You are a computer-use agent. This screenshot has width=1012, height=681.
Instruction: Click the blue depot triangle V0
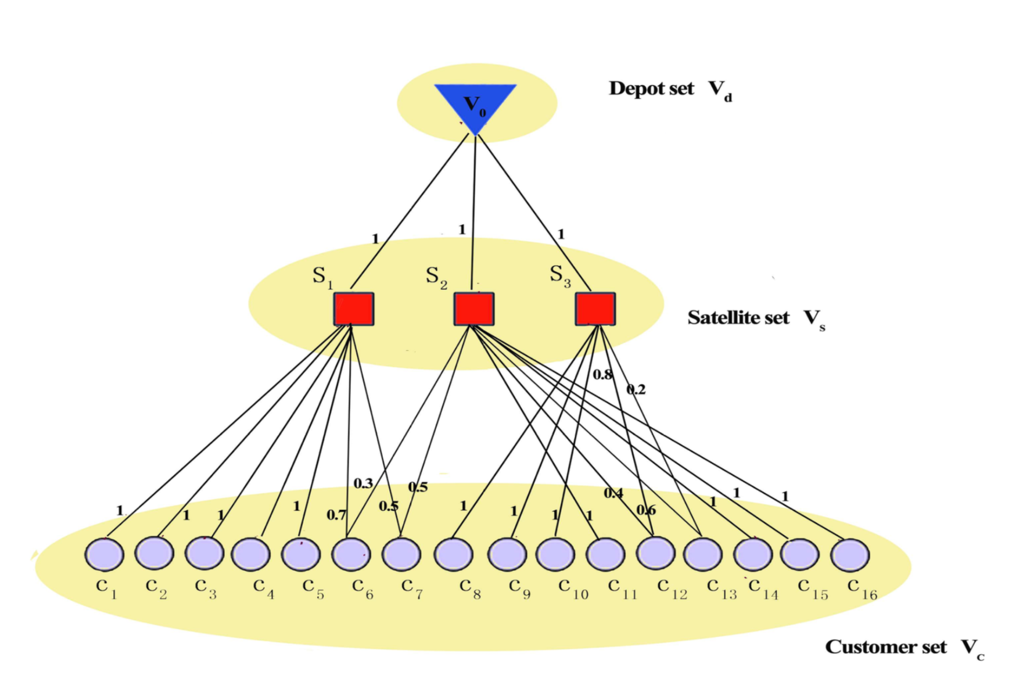475,105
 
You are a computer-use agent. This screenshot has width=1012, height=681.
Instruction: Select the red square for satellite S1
353,309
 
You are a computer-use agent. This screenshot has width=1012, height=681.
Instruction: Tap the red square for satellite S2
474,309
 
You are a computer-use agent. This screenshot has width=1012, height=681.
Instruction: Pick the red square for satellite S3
595,309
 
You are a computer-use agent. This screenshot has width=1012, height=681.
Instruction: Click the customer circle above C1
105,554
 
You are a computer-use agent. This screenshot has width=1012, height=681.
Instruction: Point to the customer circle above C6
351,554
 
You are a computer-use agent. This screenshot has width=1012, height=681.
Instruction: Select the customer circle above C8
453,554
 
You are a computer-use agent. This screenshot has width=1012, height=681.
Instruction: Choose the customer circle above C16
850,555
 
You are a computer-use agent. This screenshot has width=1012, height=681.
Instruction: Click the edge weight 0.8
602,375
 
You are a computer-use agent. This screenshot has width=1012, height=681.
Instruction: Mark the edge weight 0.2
636,389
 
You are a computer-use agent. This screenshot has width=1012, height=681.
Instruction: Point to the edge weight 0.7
336,515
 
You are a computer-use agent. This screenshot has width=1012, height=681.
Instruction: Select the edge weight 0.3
363,483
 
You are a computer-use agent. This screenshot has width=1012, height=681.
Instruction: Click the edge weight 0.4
613,493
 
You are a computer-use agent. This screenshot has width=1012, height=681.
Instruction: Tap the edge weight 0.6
646,510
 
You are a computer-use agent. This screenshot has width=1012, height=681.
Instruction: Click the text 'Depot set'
651,88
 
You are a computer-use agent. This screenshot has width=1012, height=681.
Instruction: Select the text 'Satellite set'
738,318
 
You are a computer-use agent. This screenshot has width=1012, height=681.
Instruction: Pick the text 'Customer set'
886,647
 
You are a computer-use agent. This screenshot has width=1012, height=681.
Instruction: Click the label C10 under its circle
573,588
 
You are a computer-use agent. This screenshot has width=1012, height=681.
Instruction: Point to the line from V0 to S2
474,215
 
